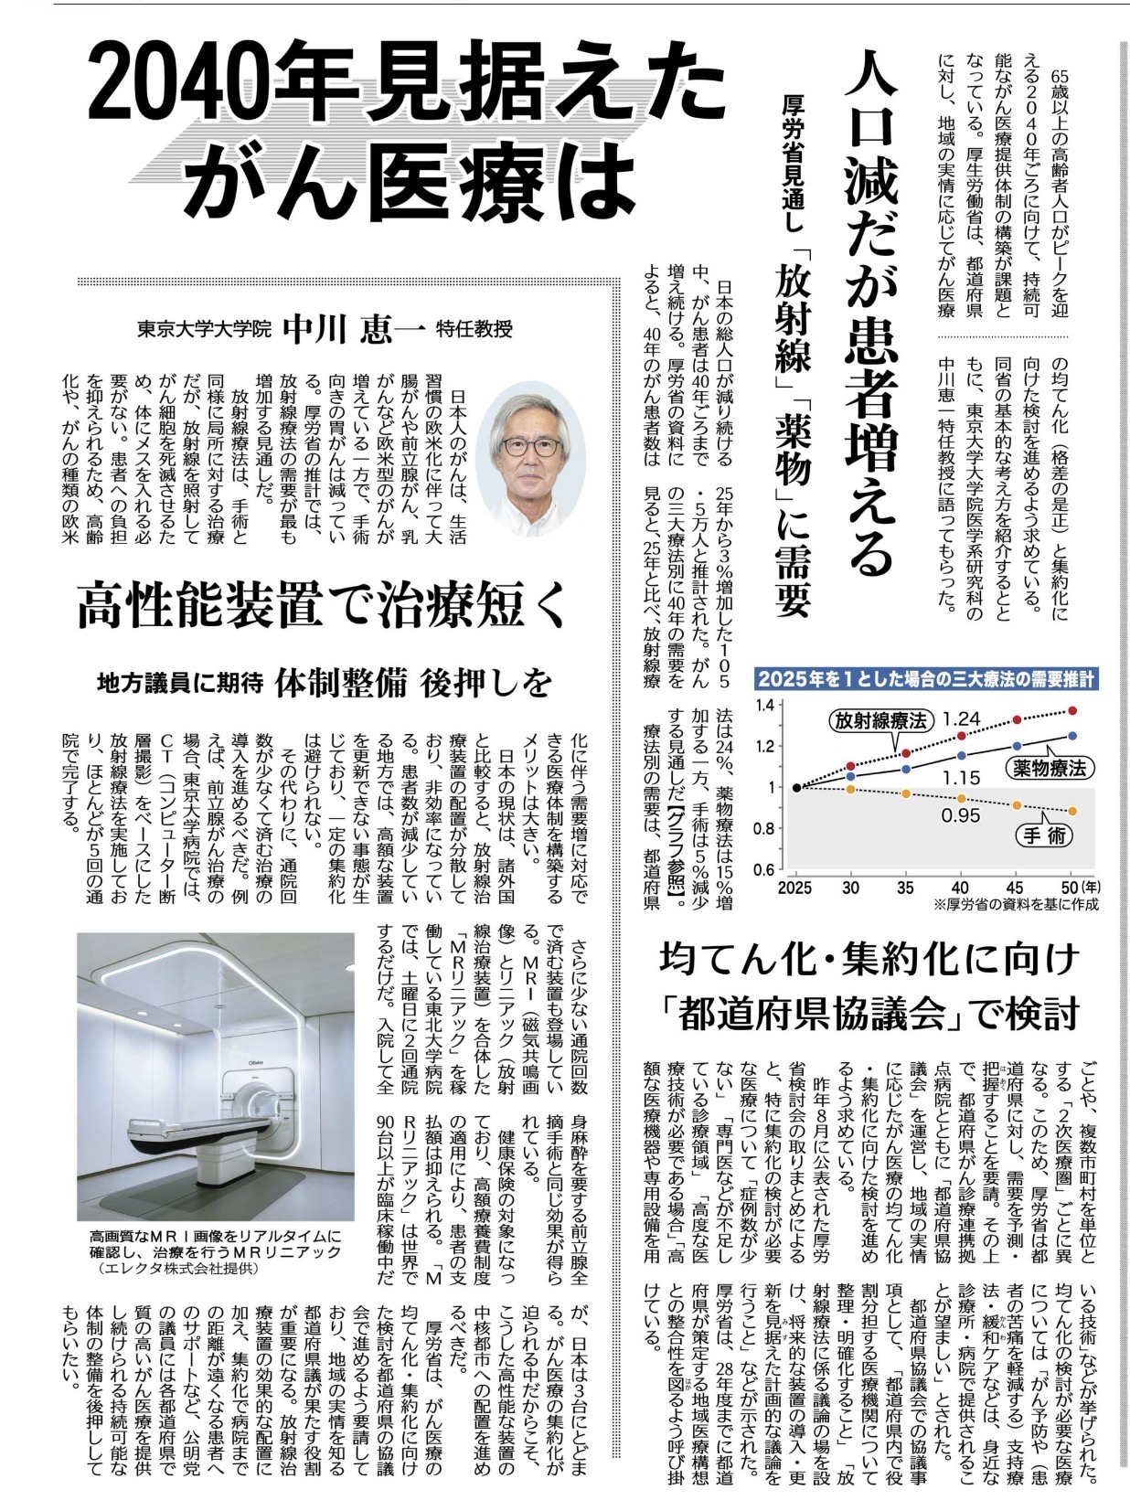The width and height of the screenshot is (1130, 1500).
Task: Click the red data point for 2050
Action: (1071, 710)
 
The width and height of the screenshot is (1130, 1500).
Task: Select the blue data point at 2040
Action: (961, 755)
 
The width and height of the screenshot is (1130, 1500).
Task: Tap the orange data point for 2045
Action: (1017, 805)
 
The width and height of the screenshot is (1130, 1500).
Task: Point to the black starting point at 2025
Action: (797, 787)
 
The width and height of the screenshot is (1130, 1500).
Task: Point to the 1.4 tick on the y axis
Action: (764, 705)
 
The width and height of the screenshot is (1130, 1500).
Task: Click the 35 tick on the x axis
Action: (905, 887)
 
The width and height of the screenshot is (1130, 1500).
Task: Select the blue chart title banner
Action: (926, 679)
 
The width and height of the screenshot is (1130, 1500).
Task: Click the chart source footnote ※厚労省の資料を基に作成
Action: (1015, 904)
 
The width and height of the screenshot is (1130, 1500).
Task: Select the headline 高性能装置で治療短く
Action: (323, 607)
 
